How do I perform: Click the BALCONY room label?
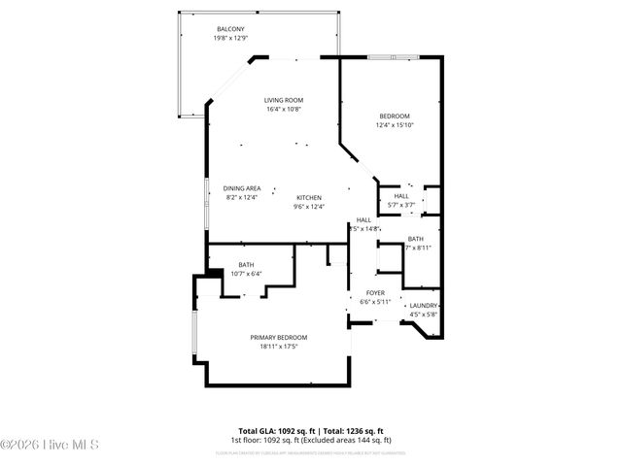coord(230,29)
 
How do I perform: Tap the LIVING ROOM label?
coord(284,100)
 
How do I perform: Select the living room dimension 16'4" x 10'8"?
coord(284,109)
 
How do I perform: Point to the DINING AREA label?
coord(241,188)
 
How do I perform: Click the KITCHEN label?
coord(308,197)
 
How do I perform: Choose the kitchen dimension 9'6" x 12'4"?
coord(308,206)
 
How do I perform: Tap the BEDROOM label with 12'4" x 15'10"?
coord(394,116)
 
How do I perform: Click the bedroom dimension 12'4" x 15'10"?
coord(394,125)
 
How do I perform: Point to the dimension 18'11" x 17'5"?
coord(278,346)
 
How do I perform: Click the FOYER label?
coord(375,293)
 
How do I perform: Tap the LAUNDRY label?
coord(424,306)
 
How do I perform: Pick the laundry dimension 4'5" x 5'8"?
coord(424,314)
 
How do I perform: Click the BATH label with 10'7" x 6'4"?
coord(246,265)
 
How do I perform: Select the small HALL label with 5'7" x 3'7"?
coord(400,196)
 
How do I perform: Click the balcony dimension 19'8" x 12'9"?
coord(230,38)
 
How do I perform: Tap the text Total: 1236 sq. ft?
coord(353,430)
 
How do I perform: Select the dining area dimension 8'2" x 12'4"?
coord(241,197)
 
